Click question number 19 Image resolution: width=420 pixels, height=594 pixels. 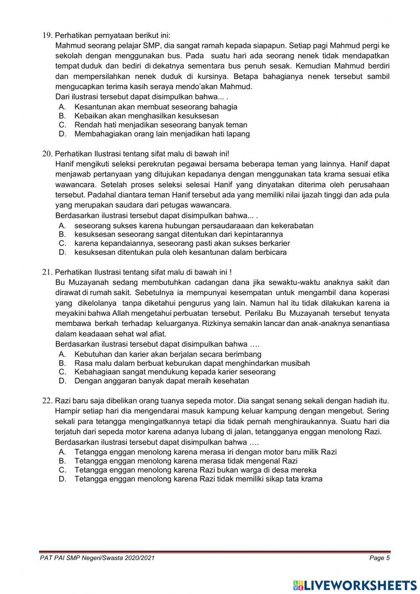[x=47, y=35]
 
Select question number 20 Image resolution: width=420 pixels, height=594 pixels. [x=47, y=153]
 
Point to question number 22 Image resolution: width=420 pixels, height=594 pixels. [x=47, y=400]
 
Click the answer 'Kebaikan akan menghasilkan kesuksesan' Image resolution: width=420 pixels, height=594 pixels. [x=146, y=116]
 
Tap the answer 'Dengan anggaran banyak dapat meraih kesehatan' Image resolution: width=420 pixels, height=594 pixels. [x=162, y=381]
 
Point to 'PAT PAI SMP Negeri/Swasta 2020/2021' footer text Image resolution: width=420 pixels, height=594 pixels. [x=97, y=558]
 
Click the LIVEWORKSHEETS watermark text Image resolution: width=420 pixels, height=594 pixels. [x=360, y=585]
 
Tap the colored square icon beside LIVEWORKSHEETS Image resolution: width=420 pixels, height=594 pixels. [x=298, y=585]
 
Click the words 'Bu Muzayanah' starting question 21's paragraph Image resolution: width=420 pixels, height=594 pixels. [x=76, y=282]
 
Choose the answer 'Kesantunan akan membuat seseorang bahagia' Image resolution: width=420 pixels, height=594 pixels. [x=155, y=107]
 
